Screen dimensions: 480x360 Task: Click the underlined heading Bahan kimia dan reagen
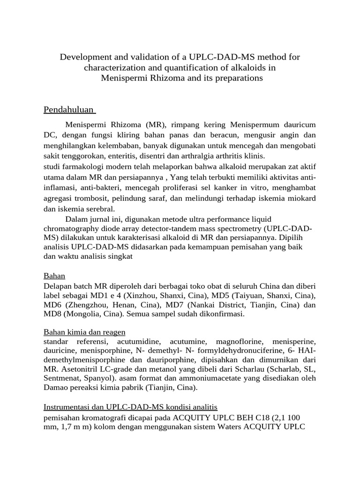84,332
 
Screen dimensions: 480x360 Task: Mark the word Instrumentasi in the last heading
67,406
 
